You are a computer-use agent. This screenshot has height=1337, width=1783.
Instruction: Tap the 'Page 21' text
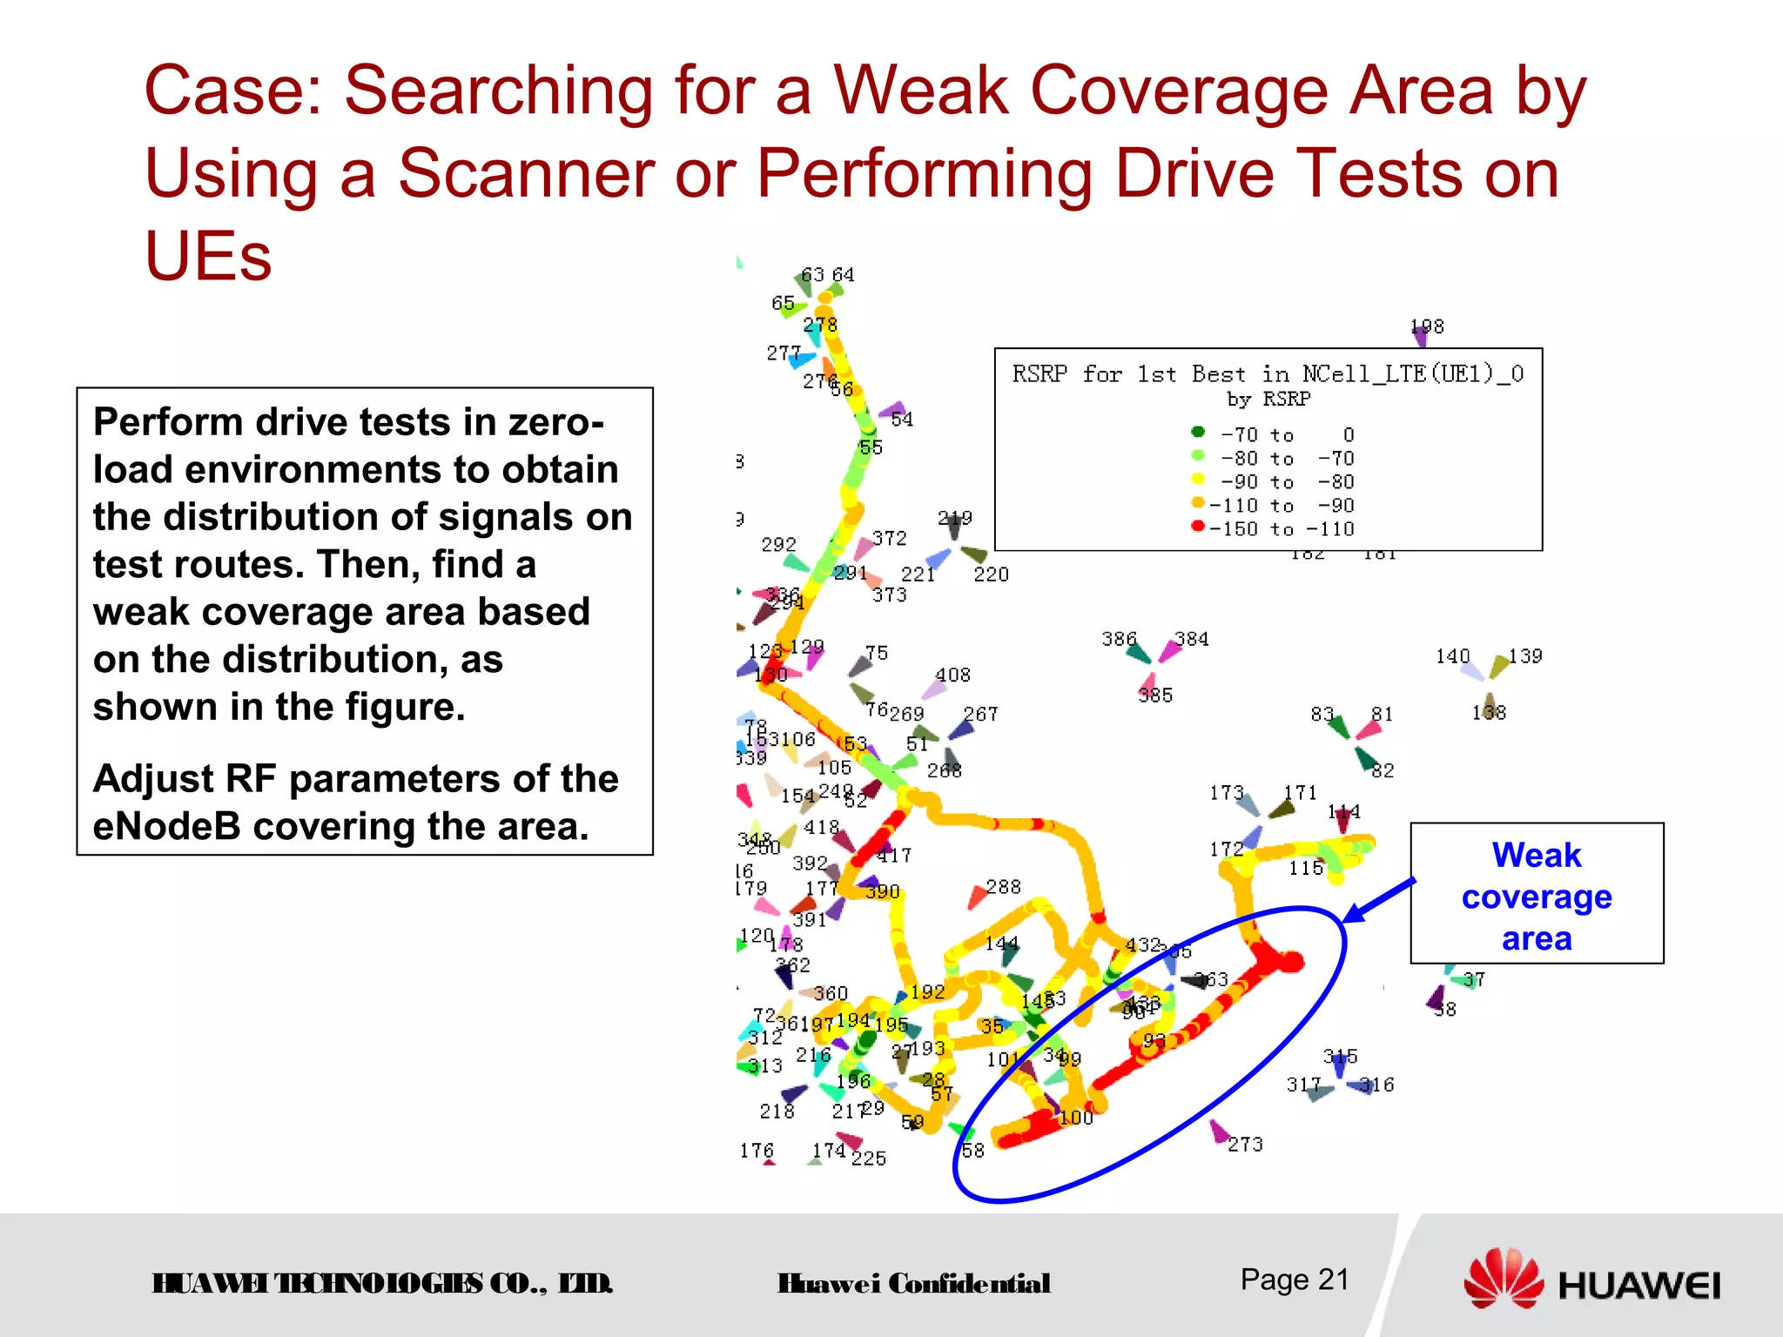(x=1295, y=1280)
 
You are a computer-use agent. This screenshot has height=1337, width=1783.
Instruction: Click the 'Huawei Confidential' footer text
(x=913, y=1284)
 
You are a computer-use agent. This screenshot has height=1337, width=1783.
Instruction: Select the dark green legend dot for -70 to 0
(x=1198, y=432)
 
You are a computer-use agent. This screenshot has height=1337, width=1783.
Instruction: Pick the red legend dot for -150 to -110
(x=1198, y=526)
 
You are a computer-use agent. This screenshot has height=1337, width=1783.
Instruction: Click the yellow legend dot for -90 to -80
(x=1198, y=479)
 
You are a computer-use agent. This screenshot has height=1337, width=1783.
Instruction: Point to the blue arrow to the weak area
(x=1379, y=901)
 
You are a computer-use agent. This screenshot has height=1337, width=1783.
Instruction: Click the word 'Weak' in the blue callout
(x=1537, y=855)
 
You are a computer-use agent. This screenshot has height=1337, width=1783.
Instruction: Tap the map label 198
(x=1427, y=326)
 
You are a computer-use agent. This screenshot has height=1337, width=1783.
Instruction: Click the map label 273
(x=1245, y=1145)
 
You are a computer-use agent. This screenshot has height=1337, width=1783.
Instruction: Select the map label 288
(x=1003, y=887)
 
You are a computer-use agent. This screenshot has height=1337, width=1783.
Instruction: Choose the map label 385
(x=1155, y=695)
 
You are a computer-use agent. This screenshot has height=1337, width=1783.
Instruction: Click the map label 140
(x=1452, y=656)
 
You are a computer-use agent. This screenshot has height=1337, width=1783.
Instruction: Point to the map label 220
(x=991, y=574)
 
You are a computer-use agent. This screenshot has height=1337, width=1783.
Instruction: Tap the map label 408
(x=952, y=675)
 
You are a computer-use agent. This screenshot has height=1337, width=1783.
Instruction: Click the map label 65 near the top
(x=783, y=303)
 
